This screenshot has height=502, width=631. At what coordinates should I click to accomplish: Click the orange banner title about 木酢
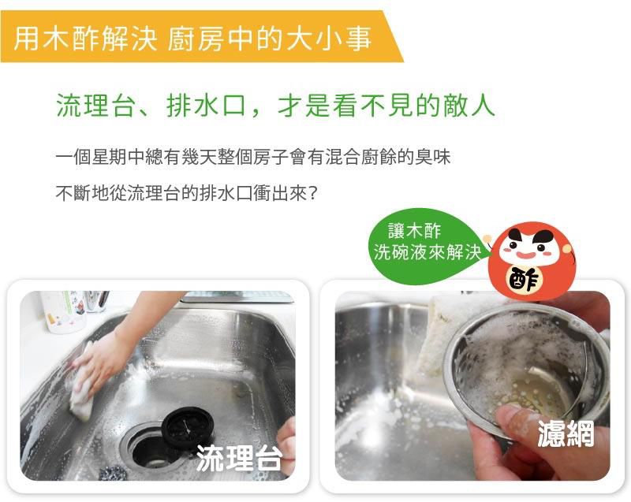pyautogui.click(x=192, y=39)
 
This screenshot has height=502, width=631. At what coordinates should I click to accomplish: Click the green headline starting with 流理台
pyautogui.click(x=275, y=106)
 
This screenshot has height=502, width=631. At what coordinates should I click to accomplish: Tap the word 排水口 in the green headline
pyautogui.click(x=206, y=106)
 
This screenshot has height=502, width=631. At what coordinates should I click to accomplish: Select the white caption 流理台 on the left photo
pyautogui.click(x=239, y=458)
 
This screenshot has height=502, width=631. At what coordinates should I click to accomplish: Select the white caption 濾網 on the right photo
pyautogui.click(x=566, y=433)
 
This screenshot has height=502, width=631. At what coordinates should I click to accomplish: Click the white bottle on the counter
pyautogui.click(x=64, y=310)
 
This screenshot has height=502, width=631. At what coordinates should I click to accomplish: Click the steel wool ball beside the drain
pyautogui.click(x=113, y=472)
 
